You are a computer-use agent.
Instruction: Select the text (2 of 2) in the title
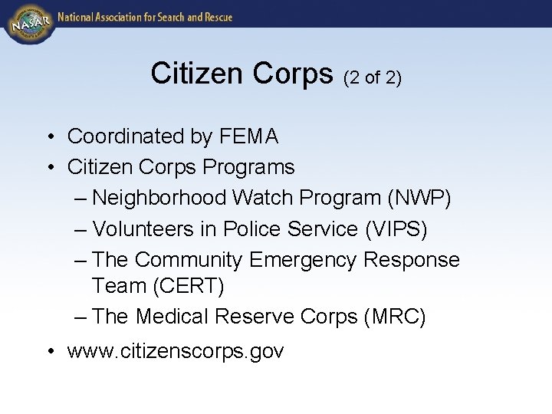click(x=373, y=77)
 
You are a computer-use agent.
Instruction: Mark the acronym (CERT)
click(x=189, y=286)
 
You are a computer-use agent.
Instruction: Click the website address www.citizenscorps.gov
click(x=176, y=352)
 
